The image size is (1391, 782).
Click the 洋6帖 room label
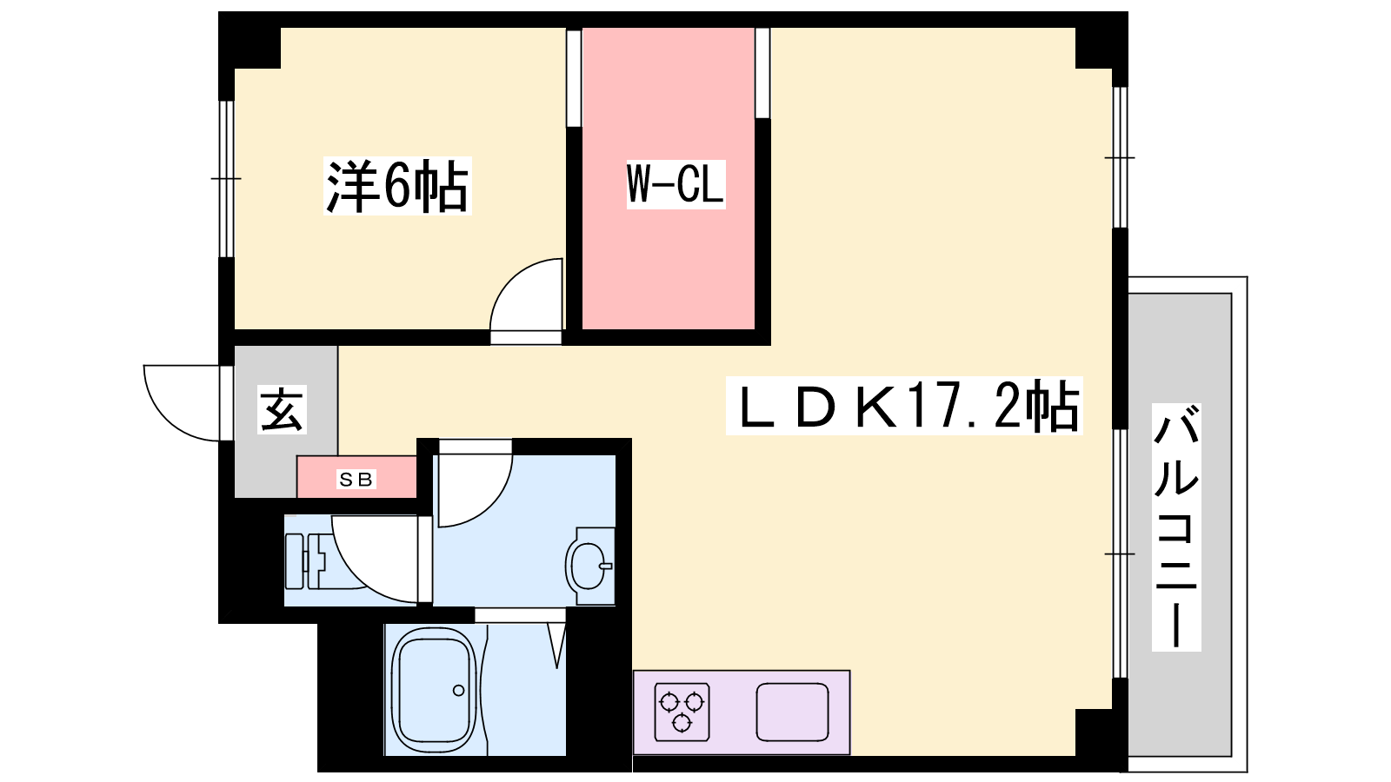(x=397, y=186)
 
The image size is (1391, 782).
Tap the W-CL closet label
(x=676, y=183)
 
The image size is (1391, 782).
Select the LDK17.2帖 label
(x=904, y=406)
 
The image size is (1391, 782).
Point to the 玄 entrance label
(x=282, y=409)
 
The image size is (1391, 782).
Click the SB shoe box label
(x=356, y=479)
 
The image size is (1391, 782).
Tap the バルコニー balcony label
(x=1176, y=527)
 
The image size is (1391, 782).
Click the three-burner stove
(x=682, y=712)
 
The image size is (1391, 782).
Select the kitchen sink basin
(x=792, y=712)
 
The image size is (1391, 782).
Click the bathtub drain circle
(x=459, y=690)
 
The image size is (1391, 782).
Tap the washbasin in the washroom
(x=590, y=566)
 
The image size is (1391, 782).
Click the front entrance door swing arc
(x=182, y=403)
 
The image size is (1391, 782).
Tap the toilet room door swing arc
(x=375, y=559)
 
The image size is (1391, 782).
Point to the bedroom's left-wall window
(x=227, y=179)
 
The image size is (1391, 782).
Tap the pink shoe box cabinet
(x=356, y=477)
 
